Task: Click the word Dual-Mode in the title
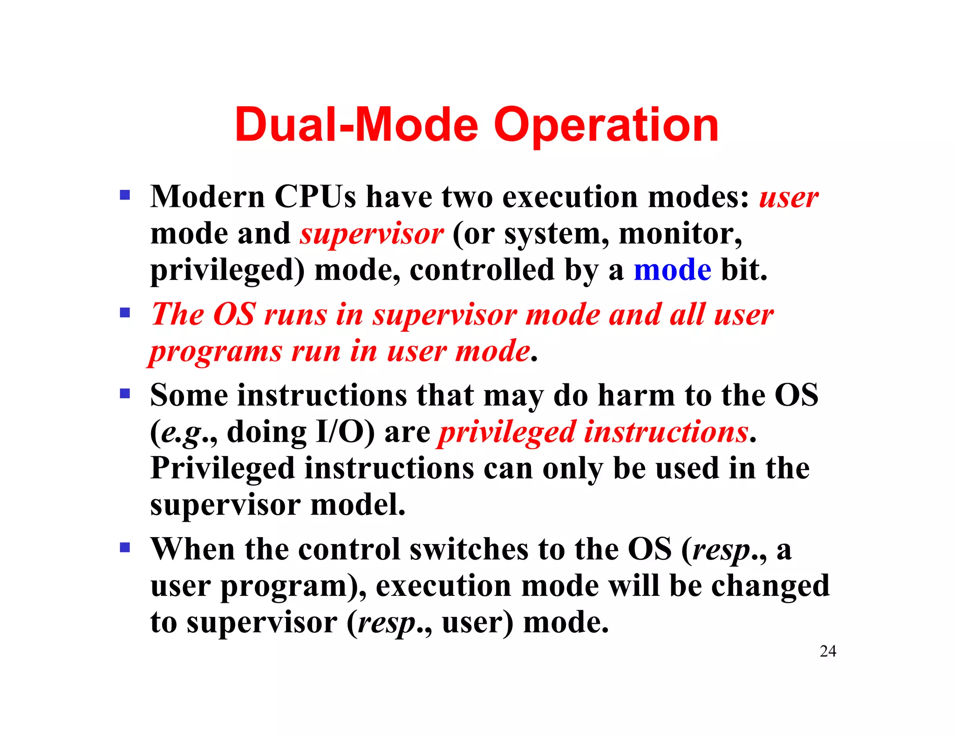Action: click(356, 125)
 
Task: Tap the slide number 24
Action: click(828, 651)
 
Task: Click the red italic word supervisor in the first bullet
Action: click(371, 234)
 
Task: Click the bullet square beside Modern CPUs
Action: click(125, 194)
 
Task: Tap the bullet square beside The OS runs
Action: click(125, 312)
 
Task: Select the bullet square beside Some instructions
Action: click(125, 394)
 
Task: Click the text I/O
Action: click(345, 431)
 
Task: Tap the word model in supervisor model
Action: click(357, 505)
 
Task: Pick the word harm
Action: click(636, 395)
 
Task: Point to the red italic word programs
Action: click(216, 352)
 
